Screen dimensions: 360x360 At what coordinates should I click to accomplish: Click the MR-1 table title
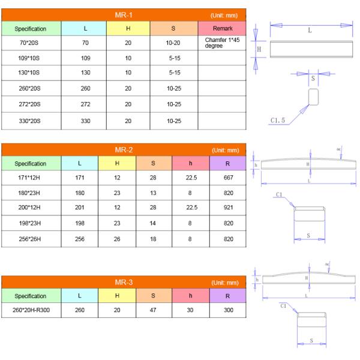123,14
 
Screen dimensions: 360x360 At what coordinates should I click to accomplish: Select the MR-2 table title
123,149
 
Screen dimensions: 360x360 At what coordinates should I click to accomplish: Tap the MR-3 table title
123,281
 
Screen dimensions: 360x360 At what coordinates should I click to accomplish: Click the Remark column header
222,28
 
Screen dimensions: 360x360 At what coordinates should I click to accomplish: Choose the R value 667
228,178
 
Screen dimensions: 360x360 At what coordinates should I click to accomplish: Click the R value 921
228,209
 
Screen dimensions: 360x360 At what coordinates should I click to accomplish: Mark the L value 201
79,209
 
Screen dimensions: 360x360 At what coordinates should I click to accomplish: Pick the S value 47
154,311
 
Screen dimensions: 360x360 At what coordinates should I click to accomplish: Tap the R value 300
228,311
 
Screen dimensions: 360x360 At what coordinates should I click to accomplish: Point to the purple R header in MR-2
228,163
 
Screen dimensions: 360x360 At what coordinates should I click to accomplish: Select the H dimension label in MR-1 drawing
259,50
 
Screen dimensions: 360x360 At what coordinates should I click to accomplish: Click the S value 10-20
173,43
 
